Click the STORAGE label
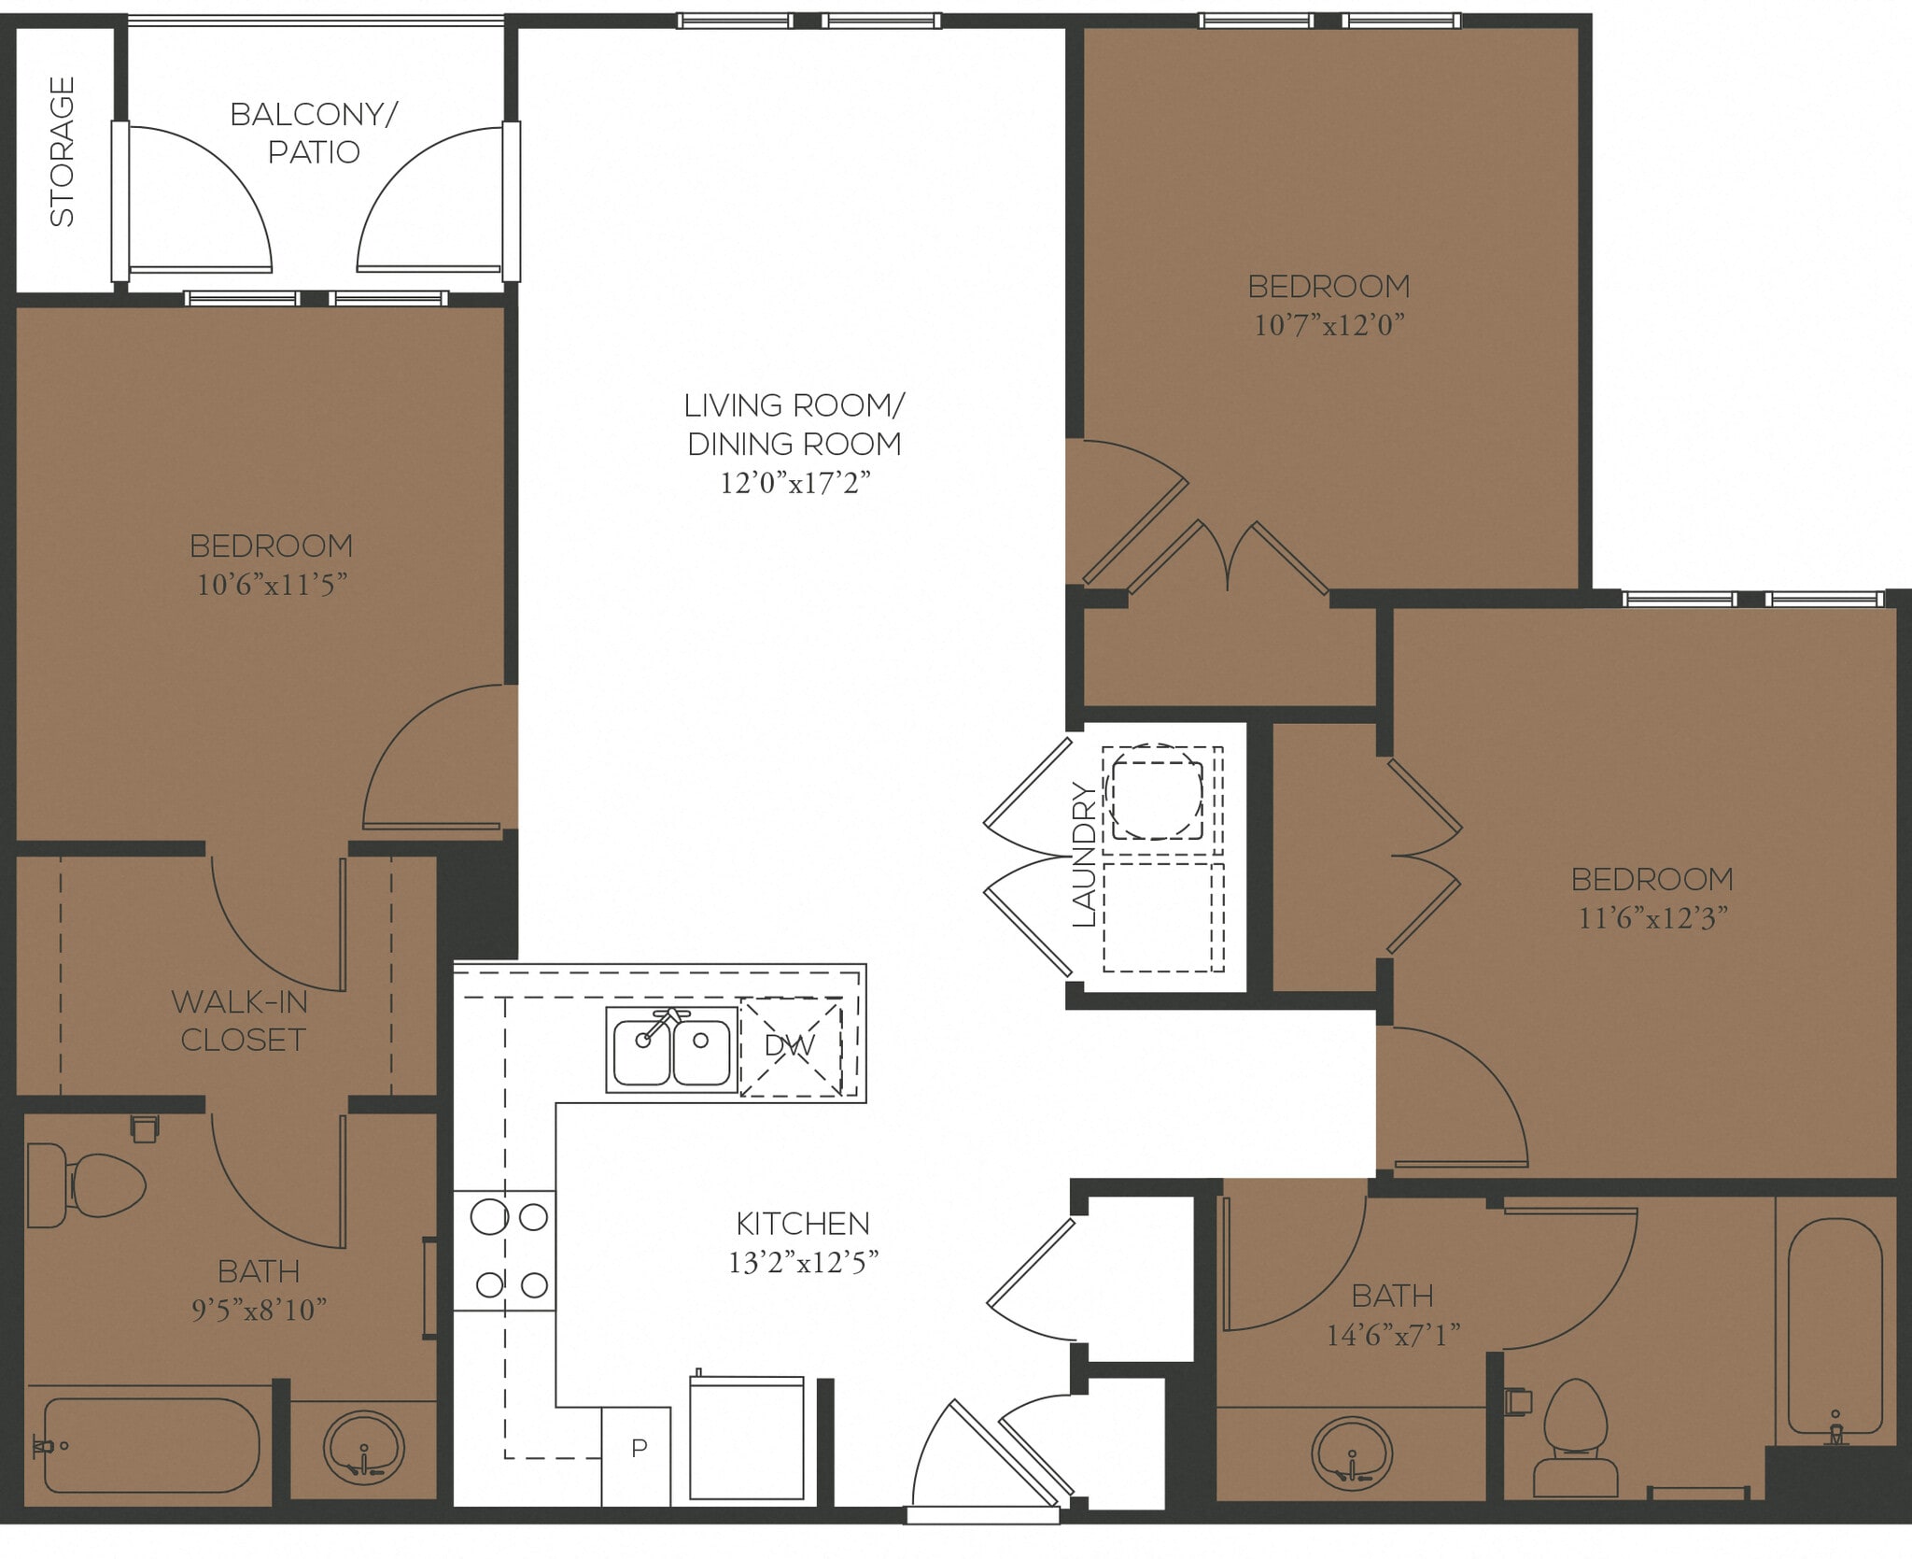click(62, 151)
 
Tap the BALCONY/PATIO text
click(314, 133)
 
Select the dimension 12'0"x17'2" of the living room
click(794, 483)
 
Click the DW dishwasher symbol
click(791, 1046)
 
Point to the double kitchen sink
click(671, 1049)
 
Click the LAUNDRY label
click(1084, 855)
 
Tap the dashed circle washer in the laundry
click(1154, 791)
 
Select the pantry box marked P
click(639, 1448)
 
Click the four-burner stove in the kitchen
click(505, 1251)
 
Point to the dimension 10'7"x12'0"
click(1329, 325)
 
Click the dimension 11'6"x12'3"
click(1652, 918)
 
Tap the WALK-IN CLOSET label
click(241, 1020)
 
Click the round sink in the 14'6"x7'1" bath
click(1351, 1453)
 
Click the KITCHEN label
click(802, 1223)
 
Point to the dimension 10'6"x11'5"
click(272, 585)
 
